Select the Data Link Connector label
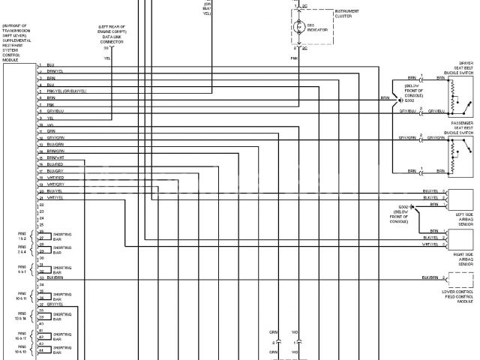pyautogui.click(x=112, y=36)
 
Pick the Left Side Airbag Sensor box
pyautogui.click(x=460, y=198)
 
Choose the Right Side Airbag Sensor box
pyautogui.click(x=460, y=238)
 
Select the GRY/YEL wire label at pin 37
pyautogui.click(x=55, y=304)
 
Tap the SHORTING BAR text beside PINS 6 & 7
pyautogui.click(x=62, y=269)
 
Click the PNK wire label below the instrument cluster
pyautogui.click(x=294, y=55)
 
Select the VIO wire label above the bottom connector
pyautogui.click(x=295, y=331)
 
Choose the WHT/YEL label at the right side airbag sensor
pyautogui.click(x=429, y=244)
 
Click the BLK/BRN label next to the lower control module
pyautogui.click(x=429, y=277)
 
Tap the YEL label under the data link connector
pyautogui.click(x=107, y=57)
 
